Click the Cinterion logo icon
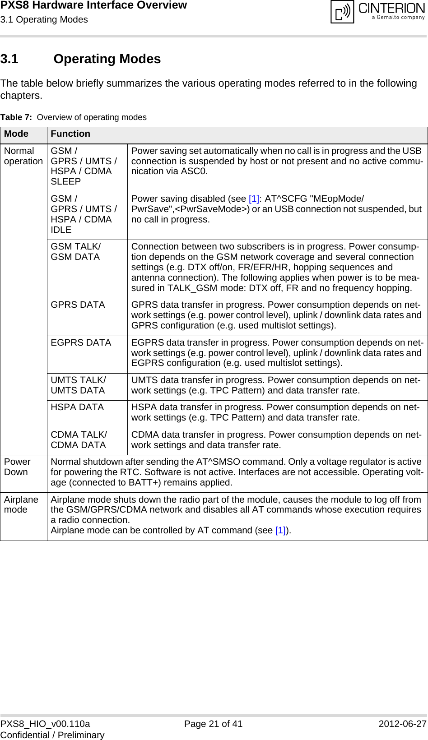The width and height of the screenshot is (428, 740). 342,12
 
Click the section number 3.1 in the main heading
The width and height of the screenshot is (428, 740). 9,59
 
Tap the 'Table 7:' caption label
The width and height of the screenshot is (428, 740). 16,117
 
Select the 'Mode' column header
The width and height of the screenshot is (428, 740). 16,134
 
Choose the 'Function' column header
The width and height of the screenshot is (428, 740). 70,134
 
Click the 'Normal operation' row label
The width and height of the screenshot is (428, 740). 23,156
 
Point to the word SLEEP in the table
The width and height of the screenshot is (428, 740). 66,181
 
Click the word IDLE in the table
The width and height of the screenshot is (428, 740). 61,230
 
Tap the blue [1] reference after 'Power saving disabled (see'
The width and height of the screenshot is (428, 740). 254,199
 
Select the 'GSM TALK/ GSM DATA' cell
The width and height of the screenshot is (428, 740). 76,252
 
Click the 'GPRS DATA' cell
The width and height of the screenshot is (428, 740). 78,305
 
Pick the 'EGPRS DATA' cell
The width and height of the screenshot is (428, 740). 81,343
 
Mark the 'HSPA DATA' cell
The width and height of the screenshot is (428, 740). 77,407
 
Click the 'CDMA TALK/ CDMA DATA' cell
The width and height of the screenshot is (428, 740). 79,440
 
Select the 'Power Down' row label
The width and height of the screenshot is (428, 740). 17,467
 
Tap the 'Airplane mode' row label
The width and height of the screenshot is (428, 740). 21,504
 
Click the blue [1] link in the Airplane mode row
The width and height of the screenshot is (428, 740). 280,531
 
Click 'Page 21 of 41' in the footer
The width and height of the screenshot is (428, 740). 213,724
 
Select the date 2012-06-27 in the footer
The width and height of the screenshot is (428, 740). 402,724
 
